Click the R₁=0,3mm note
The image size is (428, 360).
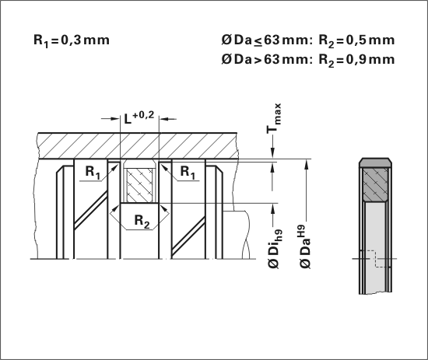72,40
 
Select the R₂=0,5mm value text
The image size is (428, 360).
356,40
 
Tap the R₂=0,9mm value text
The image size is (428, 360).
356,60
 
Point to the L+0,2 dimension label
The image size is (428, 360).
139,117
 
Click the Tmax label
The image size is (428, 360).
274,118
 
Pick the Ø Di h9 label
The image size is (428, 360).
275,249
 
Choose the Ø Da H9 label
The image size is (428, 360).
306,246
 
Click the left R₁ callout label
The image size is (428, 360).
93,172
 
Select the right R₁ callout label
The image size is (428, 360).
188,172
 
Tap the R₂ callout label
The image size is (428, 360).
142,221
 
